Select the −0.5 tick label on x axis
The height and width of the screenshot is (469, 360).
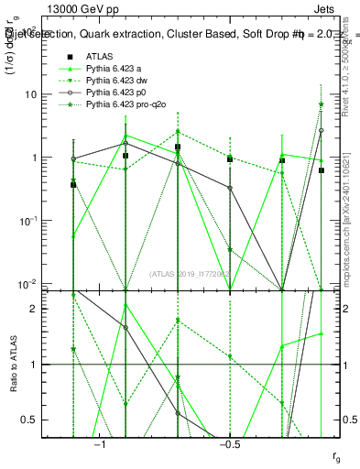(229, 444)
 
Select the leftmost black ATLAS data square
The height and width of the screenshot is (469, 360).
(73, 185)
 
